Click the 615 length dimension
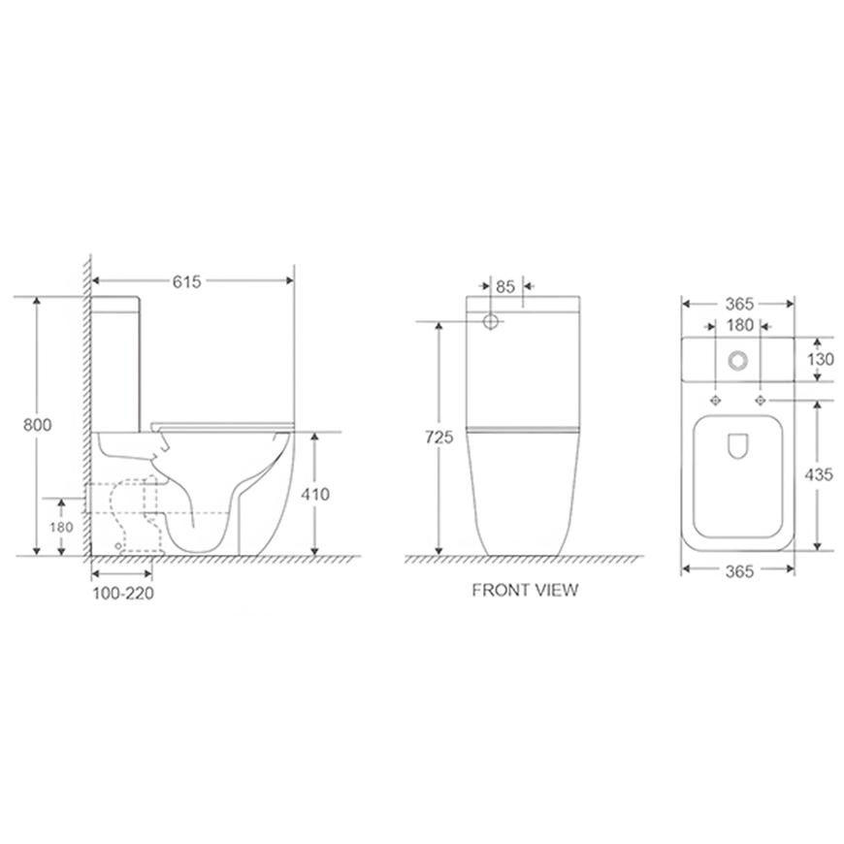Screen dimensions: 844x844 point(186,281)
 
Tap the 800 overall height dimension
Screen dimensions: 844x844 point(37,425)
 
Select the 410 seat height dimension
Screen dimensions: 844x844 point(315,494)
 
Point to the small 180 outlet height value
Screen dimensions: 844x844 point(61,527)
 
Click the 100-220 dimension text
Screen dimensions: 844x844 point(123,593)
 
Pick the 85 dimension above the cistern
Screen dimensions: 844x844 point(505,287)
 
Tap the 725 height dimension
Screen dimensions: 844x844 point(438,438)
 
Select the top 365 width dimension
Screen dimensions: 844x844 point(739,304)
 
